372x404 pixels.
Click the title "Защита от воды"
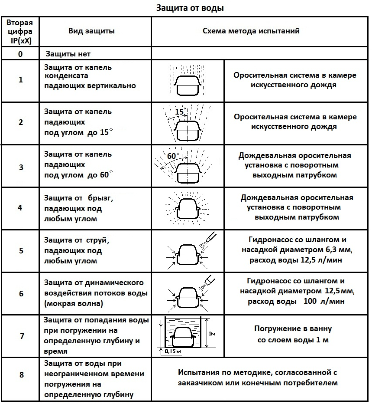pos(190,8)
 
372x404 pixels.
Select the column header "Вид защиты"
pos(92,31)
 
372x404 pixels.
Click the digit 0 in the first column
pos(20,54)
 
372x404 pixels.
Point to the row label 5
pos(20,251)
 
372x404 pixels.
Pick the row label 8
pos(20,375)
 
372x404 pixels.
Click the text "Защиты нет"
pos(68,54)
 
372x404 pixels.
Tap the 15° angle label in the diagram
pos(180,112)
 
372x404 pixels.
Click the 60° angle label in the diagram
pos(173,156)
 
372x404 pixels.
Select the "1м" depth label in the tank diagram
pos(212,333)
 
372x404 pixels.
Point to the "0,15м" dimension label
pos(172,352)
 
